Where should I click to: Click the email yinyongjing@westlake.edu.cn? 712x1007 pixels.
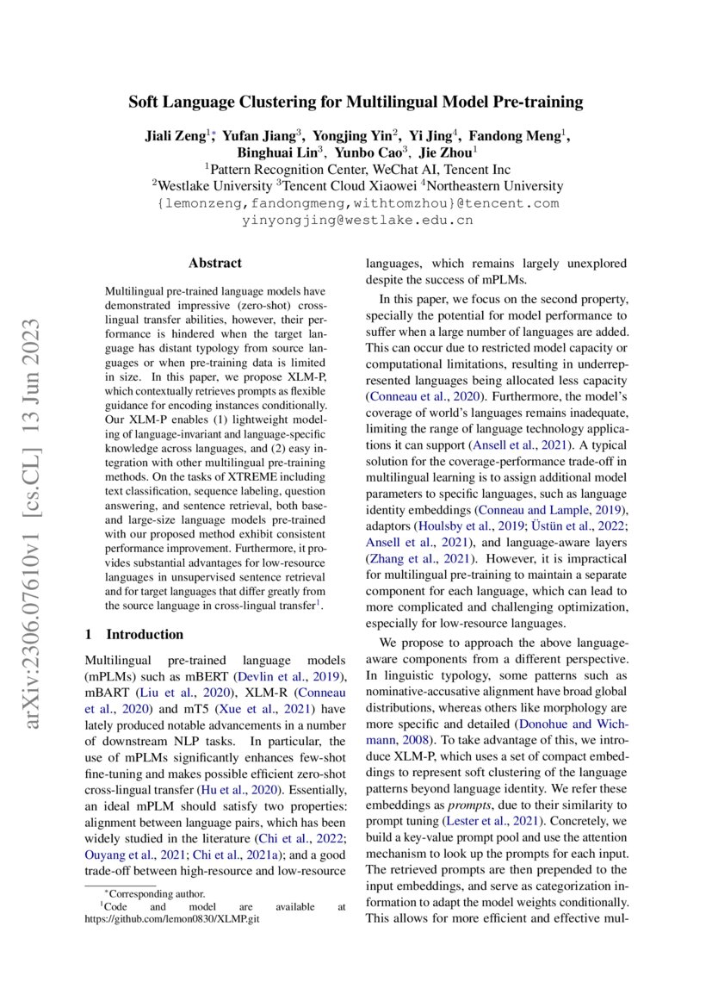tap(356, 220)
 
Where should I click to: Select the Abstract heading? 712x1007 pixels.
tap(214, 264)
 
